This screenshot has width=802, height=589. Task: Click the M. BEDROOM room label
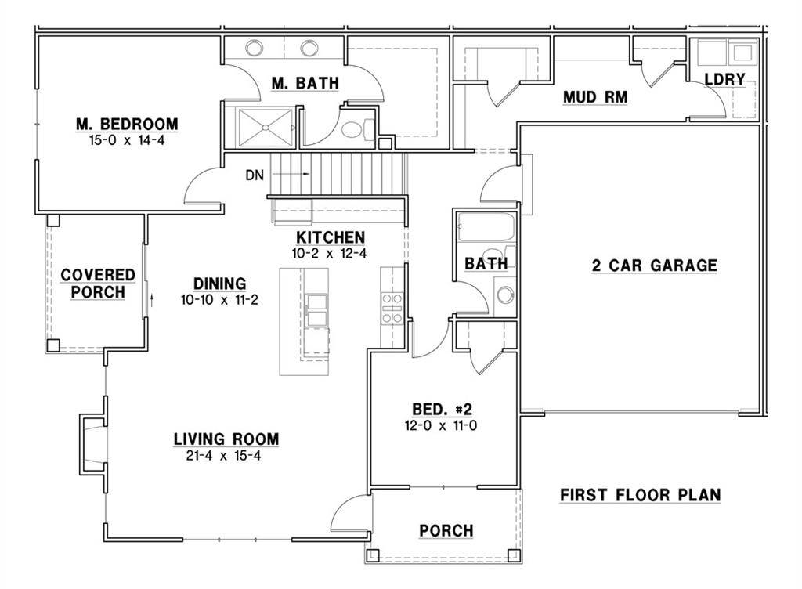coord(127,124)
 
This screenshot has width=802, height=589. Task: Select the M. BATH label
coord(305,84)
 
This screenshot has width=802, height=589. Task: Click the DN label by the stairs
coord(254,175)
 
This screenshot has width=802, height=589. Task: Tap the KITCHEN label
coord(330,237)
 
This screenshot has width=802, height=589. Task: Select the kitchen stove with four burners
coord(392,307)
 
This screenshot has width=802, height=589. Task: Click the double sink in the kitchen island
coord(317,309)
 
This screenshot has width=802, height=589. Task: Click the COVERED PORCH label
coord(98,284)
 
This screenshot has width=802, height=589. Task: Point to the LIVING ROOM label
coord(226,439)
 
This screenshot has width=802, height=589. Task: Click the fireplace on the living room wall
coord(92,443)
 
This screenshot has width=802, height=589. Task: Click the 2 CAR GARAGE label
coord(654,266)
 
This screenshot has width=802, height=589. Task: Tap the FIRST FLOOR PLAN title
coord(640,495)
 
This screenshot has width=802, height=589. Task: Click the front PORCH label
coord(446,531)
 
